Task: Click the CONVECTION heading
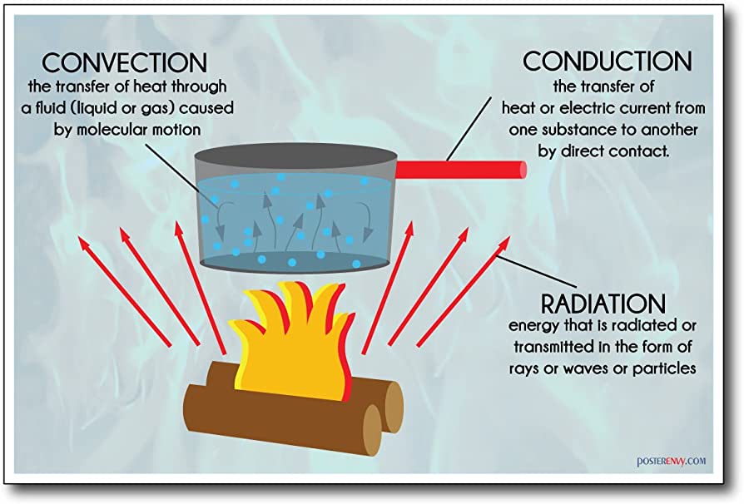[x=125, y=62]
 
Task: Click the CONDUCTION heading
[x=607, y=62]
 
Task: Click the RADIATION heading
[x=603, y=304]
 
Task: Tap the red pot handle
[x=461, y=170]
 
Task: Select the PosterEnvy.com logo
[x=671, y=461]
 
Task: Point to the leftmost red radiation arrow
[x=125, y=291]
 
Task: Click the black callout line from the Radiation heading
[x=537, y=271]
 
